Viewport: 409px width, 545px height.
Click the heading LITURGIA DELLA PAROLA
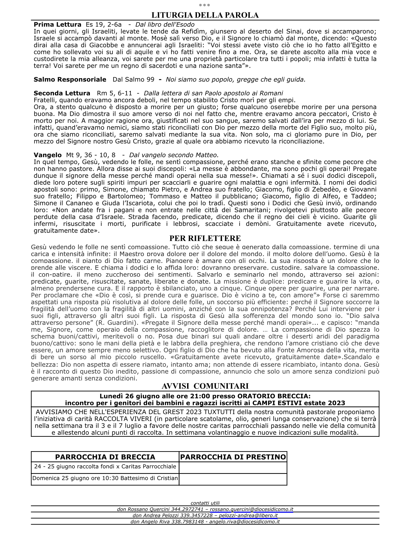[x=205, y=15]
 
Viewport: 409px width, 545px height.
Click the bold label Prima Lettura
[x=58, y=25]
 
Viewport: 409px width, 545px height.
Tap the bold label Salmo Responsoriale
[x=70, y=79]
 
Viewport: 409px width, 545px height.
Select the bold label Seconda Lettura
[x=62, y=93]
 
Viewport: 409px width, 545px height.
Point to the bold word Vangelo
[x=47, y=155]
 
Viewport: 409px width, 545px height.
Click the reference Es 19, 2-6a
[x=104, y=25]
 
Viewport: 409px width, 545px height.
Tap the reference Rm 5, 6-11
[x=114, y=93]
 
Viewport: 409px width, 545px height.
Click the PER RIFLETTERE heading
[x=205, y=238]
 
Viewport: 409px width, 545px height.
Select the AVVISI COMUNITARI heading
[x=205, y=386]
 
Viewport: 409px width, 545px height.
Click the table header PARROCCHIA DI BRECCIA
[x=105, y=457]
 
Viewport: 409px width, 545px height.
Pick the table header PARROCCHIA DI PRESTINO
[x=233, y=457]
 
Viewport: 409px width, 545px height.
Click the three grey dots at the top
[x=205, y=5]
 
